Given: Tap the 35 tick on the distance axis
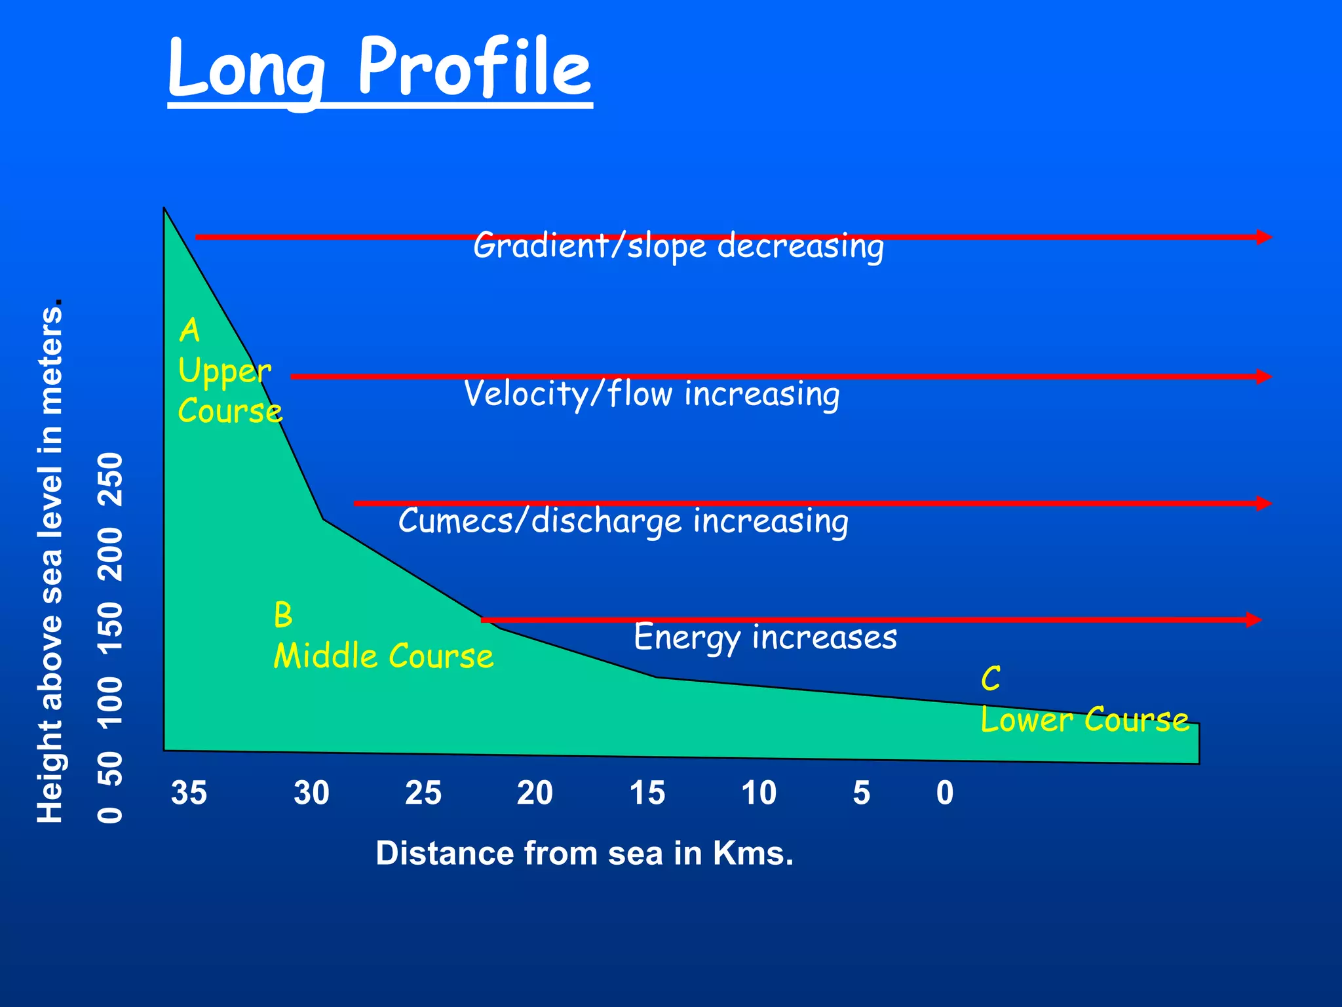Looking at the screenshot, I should coord(189,793).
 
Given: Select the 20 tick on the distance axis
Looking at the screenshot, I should coord(535,793).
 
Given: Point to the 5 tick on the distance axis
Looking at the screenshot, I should coord(861,793).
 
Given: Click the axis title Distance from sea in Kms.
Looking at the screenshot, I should coord(585,854).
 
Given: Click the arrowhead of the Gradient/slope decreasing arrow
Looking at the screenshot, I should coord(1264,237).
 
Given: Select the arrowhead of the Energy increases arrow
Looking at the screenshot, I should coord(1254,620).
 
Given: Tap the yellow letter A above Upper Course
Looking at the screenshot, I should coord(189,330).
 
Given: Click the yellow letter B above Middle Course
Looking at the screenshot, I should coord(283,615).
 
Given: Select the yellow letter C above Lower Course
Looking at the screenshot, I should coord(991,679).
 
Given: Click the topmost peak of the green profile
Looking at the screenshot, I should coord(164,209).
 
